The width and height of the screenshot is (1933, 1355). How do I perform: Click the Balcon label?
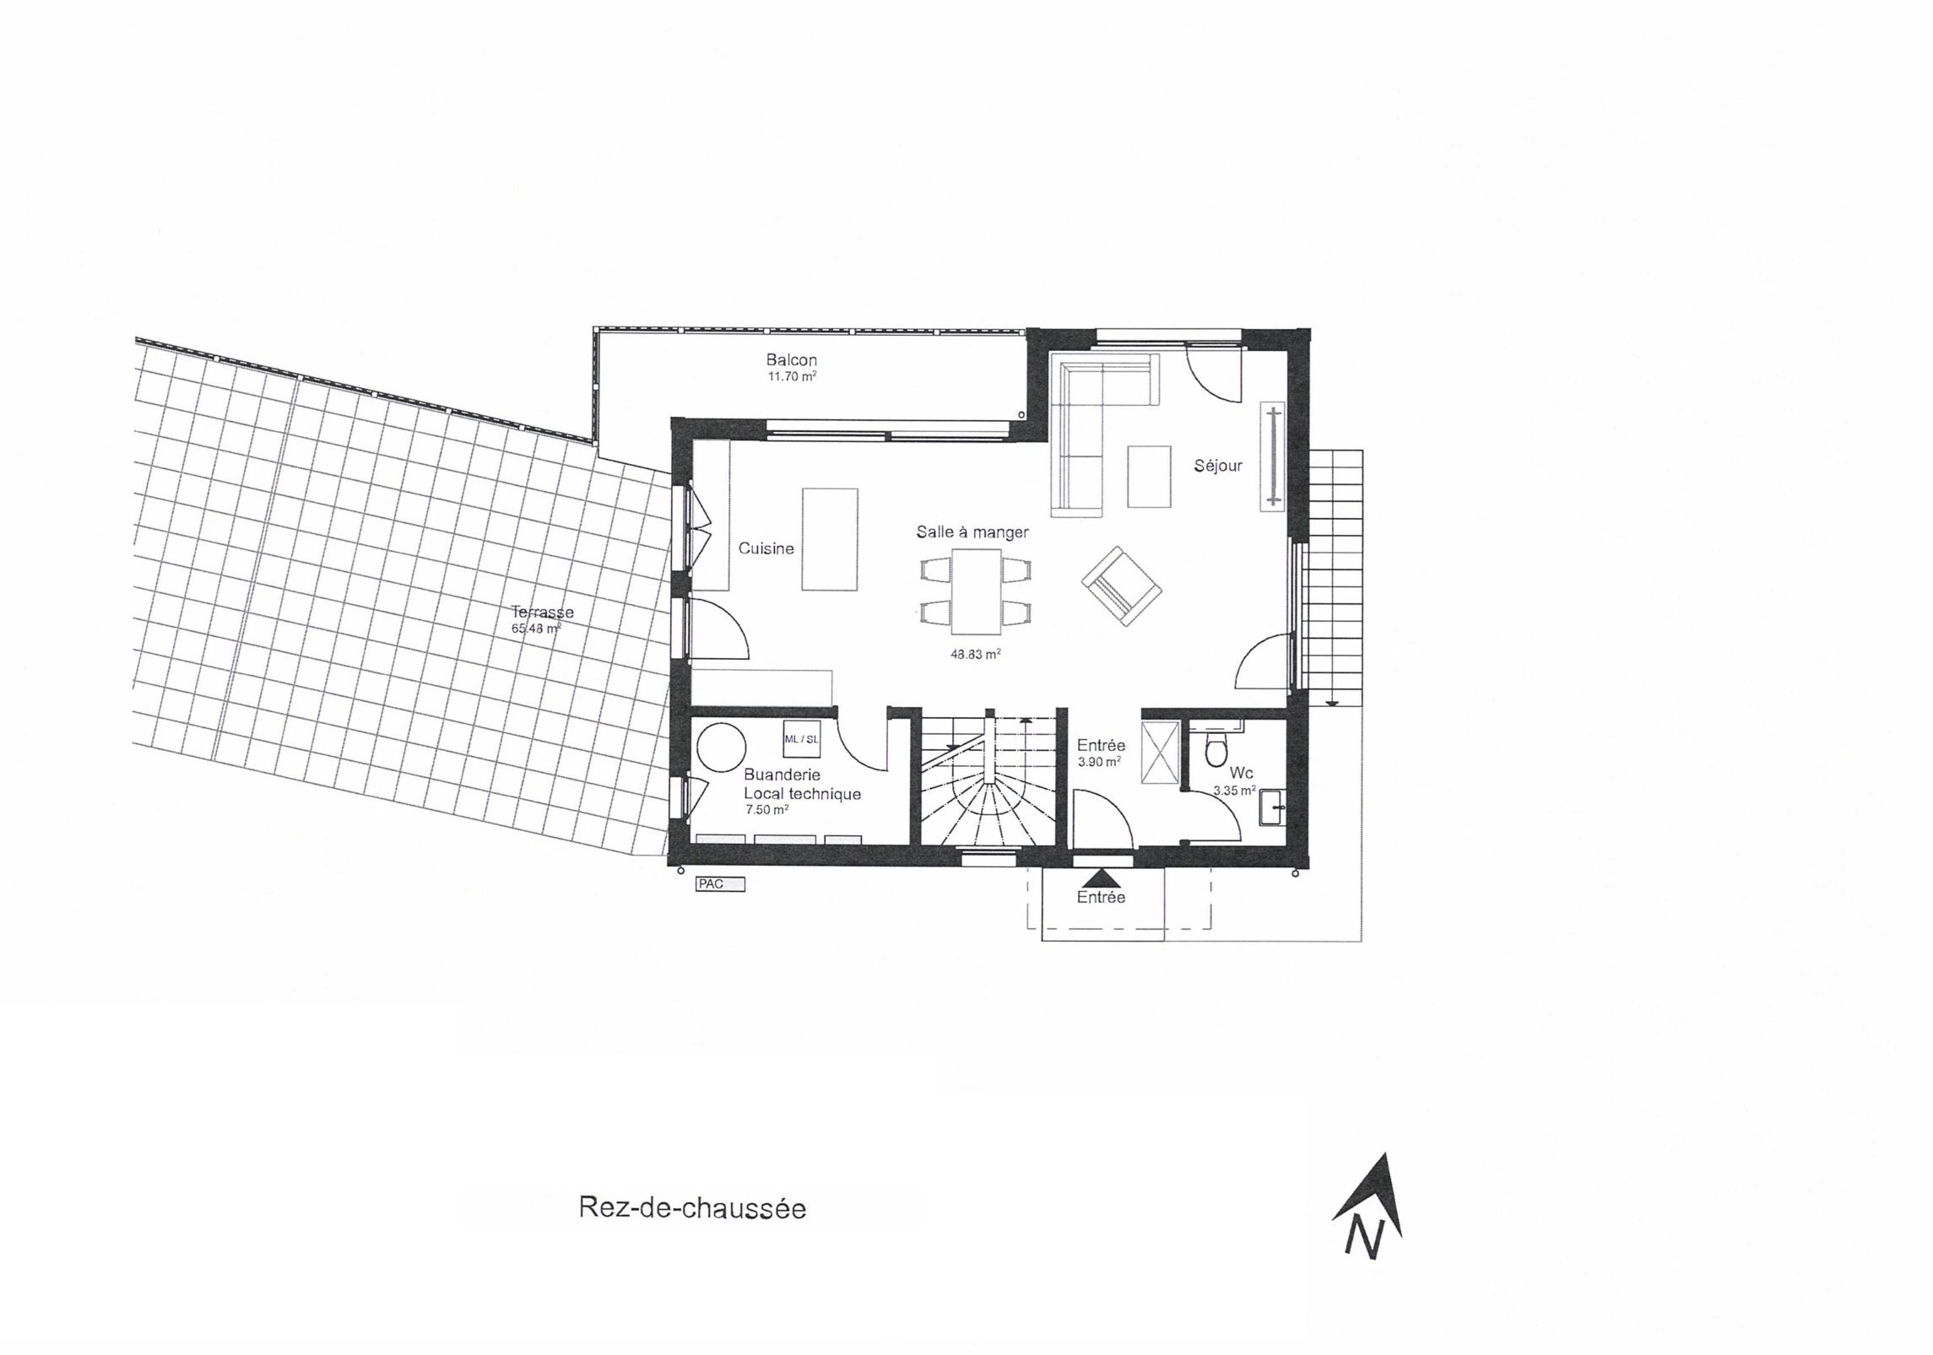(791, 359)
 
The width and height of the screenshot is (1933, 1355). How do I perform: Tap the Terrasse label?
(542, 612)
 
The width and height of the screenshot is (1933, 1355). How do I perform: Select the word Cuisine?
(766, 548)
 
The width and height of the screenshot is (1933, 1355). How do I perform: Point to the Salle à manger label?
(972, 532)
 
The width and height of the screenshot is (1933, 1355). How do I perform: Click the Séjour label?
(1217, 465)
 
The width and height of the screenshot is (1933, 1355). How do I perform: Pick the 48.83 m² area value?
(975, 654)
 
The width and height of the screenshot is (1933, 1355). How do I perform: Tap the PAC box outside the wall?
(720, 884)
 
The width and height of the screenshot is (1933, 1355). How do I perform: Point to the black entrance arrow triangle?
(1101, 879)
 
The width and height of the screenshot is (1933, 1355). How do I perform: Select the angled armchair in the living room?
(1121, 586)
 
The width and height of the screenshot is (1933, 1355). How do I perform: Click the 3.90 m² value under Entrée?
(1099, 761)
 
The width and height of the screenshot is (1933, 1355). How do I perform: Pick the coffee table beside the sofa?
(1149, 476)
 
